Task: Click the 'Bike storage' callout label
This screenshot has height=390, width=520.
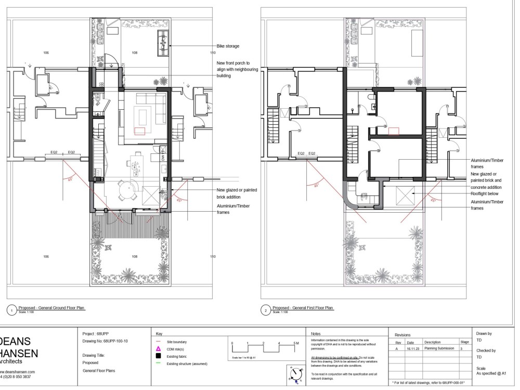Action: pos(228,46)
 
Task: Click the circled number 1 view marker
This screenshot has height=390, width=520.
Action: pos(11,310)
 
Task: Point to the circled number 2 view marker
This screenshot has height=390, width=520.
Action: pos(266,310)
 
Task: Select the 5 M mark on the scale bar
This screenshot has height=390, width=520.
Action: pos(296,344)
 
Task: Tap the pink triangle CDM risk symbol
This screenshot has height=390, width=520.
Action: pos(158,349)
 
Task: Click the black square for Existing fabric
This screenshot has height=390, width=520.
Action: pos(158,356)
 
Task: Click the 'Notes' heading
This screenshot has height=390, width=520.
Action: pos(316,334)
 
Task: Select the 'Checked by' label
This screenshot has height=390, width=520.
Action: pos(486,350)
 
